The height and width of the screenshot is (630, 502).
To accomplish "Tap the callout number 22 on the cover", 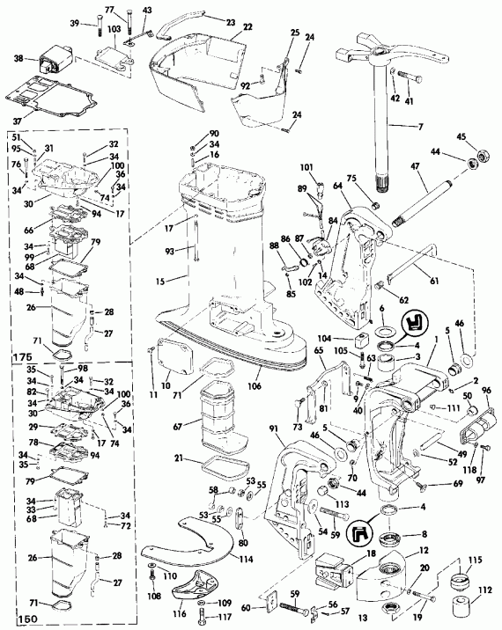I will point(223,28).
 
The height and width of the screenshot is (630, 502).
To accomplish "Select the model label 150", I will point(18,619).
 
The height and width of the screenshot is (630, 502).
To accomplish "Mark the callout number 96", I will point(485,392).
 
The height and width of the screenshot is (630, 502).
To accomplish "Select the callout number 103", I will point(115,29).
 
